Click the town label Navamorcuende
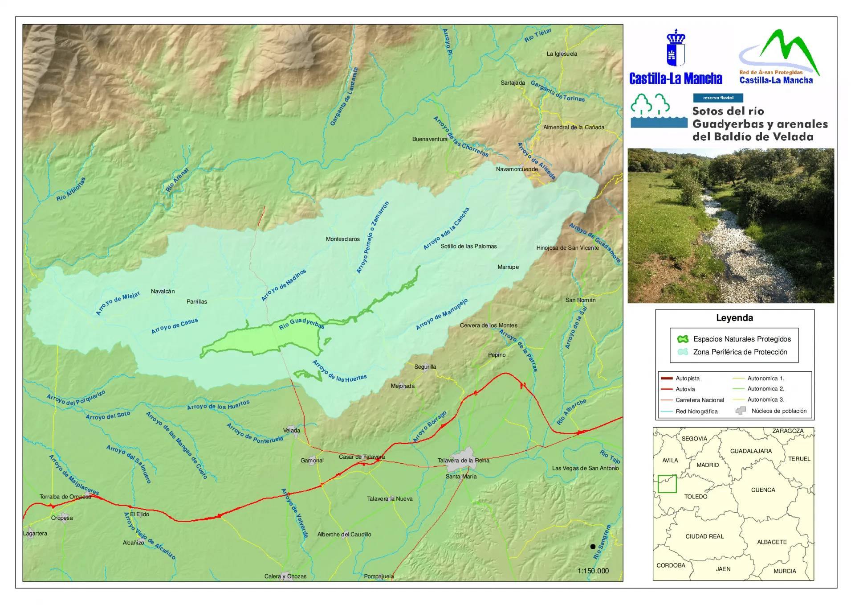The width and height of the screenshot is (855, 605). pos(517,169)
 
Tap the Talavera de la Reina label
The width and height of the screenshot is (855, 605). pos(463,461)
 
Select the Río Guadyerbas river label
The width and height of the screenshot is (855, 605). pos(301,323)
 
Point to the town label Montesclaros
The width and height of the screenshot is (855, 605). pos(342,239)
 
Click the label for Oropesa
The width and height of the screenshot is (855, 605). pos(62,518)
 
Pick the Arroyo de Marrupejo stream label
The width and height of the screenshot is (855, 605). pos(442,314)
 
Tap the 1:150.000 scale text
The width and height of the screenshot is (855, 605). pos(593,571)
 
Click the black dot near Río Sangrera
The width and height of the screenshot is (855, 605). pos(593,547)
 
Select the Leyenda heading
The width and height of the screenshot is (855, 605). pos(734,318)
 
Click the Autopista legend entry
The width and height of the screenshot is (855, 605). pos(687,379)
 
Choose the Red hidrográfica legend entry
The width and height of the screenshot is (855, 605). pos(696,412)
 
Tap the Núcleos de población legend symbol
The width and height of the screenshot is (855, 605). pos(741,411)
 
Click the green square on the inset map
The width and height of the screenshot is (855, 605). pos(667,484)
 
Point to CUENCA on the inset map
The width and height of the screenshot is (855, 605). pos(763,490)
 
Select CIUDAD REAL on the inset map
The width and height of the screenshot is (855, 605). pos(704,536)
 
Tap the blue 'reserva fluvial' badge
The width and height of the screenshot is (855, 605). pos(718,98)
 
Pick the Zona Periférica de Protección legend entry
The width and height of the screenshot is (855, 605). pos(740,352)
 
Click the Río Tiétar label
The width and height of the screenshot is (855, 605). pos(537,35)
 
